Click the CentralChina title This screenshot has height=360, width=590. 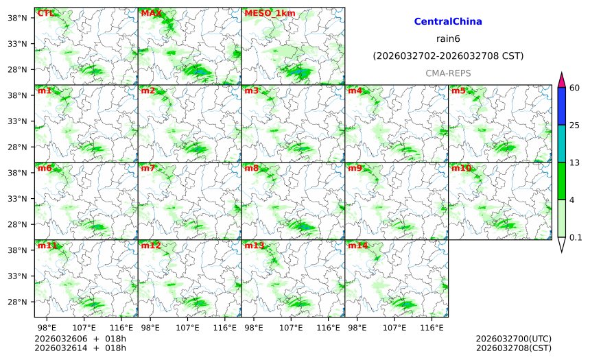(x=447, y=22)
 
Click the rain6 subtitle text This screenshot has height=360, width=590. (x=447, y=38)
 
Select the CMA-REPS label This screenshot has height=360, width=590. (x=447, y=73)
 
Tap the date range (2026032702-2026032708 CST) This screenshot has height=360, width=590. (x=447, y=56)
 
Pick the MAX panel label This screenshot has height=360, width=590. (x=151, y=13)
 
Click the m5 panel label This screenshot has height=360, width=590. (x=458, y=91)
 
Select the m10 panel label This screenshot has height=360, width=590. (x=460, y=168)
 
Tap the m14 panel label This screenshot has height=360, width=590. (x=357, y=245)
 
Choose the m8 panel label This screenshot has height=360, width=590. (x=252, y=168)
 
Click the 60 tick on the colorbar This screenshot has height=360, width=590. (x=574, y=87)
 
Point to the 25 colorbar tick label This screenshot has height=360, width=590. (x=574, y=125)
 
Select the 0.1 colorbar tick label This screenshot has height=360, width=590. (x=576, y=237)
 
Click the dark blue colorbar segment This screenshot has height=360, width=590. (x=561, y=106)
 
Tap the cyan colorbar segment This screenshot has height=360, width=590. (x=561, y=143)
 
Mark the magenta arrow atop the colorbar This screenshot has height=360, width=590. (x=561, y=80)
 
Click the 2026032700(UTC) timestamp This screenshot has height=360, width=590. (x=513, y=339)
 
